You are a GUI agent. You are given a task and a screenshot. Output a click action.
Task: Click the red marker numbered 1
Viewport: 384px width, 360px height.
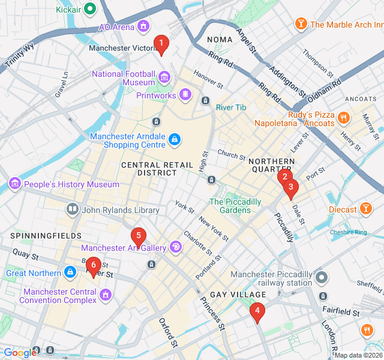(x=160, y=43)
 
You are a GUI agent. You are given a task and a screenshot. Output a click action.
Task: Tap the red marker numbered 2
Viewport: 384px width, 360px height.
(x=285, y=176)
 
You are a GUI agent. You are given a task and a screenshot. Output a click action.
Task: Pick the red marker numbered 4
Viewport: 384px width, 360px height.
(x=257, y=311)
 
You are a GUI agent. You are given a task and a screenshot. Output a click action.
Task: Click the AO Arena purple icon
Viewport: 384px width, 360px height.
(x=143, y=26)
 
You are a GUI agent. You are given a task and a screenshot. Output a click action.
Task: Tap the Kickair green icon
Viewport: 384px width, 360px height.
(x=89, y=9)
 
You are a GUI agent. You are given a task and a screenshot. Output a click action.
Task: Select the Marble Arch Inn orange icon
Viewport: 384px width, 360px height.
(x=301, y=25)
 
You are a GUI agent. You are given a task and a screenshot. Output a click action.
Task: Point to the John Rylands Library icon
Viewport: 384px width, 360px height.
(x=73, y=209)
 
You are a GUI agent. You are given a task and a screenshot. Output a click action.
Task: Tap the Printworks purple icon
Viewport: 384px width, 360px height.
(x=185, y=94)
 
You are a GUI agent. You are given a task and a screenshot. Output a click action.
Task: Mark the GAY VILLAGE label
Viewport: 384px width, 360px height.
(x=238, y=295)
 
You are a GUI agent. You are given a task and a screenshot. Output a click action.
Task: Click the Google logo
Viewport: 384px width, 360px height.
(x=20, y=353)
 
